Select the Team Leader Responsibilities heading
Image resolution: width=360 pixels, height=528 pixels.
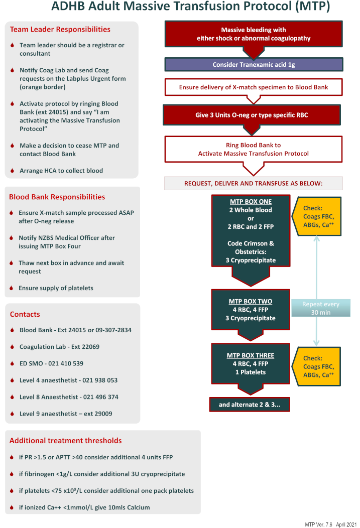pyautogui.click(x=60, y=30)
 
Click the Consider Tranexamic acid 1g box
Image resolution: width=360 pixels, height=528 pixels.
pyautogui.click(x=254, y=65)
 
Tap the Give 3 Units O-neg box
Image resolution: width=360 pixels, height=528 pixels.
pyautogui.click(x=252, y=115)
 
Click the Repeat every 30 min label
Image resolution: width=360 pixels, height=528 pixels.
pyautogui.click(x=320, y=308)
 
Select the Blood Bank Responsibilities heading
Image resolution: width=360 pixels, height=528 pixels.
pyautogui.click(x=57, y=197)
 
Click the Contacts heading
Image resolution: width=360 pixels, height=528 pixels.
pyautogui.click(x=25, y=314)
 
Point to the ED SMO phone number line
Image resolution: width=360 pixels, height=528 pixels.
pyautogui.click(x=51, y=363)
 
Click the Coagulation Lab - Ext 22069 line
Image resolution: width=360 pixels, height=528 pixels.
pyautogui.click(x=59, y=347)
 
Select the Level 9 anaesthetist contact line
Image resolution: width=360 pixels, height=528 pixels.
pyautogui.click(x=66, y=414)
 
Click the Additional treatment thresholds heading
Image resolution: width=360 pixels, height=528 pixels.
pyautogui.click(x=65, y=441)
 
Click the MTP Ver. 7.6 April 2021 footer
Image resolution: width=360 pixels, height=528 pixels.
pyautogui.click(x=330, y=524)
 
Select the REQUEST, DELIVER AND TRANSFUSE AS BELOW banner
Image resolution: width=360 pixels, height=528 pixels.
pyautogui.click(x=253, y=183)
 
